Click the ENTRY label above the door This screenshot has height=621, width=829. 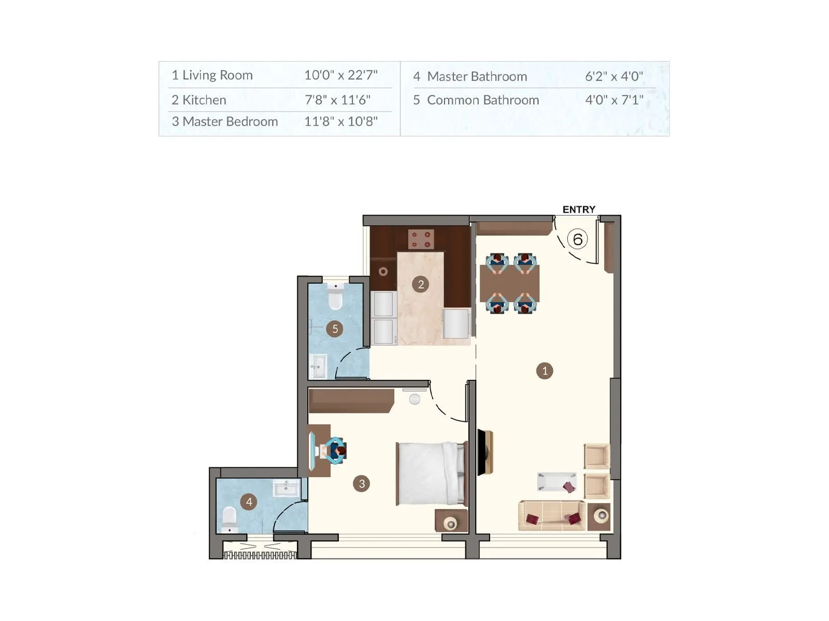579,210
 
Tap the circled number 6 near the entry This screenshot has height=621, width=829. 577,239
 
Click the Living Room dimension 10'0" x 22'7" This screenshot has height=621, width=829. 340,75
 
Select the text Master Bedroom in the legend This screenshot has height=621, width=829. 230,122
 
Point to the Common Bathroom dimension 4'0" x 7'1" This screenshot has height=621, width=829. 614,100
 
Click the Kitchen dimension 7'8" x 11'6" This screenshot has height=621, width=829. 337,100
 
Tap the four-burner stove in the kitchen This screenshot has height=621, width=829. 421,239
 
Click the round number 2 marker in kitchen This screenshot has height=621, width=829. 421,284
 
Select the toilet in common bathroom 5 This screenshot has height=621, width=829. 336,297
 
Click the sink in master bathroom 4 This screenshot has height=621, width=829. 286,488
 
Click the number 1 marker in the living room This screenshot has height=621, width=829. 545,371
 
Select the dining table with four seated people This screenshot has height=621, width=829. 510,283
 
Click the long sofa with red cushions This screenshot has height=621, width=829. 552,516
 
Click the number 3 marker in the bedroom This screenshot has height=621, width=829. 361,484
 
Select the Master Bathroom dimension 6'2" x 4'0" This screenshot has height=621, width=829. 614,77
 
